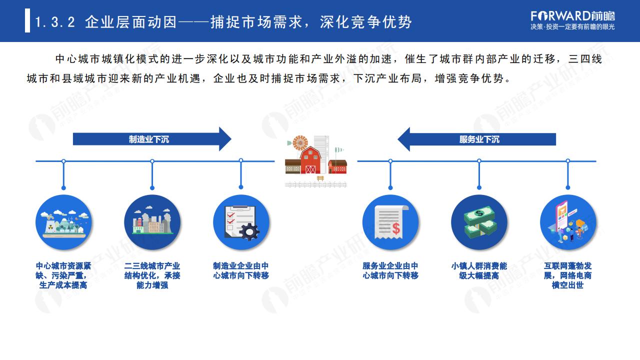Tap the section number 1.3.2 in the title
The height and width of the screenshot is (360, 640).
[55, 22]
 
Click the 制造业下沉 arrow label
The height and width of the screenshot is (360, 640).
[149, 139]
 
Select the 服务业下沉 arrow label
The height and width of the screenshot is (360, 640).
[479, 139]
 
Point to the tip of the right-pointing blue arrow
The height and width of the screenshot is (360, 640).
[231, 139]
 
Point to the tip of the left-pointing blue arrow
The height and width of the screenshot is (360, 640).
[397, 139]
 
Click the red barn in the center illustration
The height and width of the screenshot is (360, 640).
[310, 160]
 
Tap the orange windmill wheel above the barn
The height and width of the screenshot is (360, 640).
[300, 142]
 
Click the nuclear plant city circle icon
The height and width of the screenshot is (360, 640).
[63, 222]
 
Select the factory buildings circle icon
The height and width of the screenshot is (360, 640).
[152, 222]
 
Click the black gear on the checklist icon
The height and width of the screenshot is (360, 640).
[249, 231]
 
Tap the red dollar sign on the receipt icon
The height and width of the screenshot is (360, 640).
[396, 228]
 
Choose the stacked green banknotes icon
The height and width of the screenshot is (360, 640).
[479, 222]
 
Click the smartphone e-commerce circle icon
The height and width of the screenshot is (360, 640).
[568, 222]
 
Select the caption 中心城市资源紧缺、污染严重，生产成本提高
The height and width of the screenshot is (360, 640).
[63, 275]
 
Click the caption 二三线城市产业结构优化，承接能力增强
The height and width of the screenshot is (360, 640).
[152, 275]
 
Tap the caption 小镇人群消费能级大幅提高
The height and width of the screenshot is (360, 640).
[479, 271]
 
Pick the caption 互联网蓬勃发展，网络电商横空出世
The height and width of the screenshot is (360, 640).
[567, 275]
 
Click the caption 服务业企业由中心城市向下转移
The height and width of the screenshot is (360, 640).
[390, 271]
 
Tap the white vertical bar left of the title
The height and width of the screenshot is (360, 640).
[27, 20]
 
